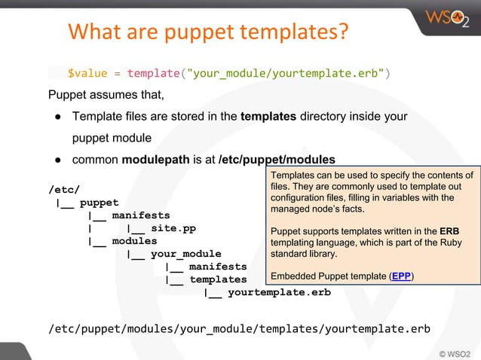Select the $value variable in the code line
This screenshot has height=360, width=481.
(88, 74)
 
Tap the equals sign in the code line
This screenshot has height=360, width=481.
(118, 74)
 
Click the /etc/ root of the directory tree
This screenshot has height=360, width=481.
(64, 188)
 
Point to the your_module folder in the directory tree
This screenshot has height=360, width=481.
(186, 254)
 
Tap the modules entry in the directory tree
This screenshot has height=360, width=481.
(135, 241)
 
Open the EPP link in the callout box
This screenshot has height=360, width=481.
(402, 276)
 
